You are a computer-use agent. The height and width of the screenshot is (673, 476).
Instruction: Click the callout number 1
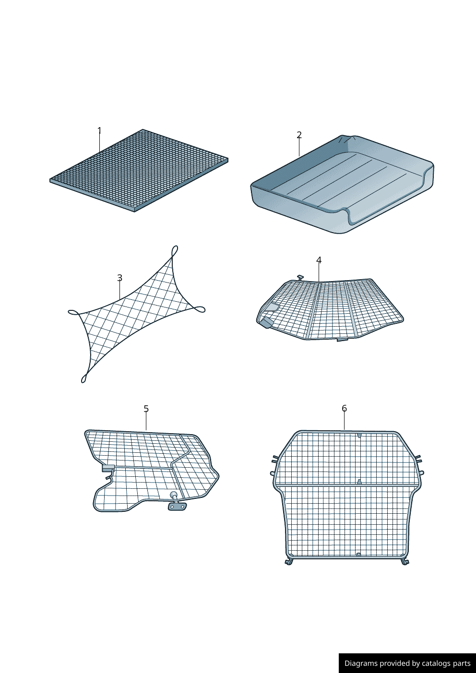point(99,130)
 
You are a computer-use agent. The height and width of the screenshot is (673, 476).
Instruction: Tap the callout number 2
point(299,135)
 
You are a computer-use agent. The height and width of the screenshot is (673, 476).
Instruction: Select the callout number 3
point(119,278)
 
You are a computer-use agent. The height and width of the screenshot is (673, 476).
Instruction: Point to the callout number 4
point(319,260)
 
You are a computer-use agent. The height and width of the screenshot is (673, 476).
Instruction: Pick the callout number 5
point(146,409)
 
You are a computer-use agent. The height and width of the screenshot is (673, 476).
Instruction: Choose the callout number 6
point(344,409)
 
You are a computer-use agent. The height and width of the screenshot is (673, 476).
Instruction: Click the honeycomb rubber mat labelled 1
point(139,170)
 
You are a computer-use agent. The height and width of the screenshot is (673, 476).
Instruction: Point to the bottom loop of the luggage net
point(84,378)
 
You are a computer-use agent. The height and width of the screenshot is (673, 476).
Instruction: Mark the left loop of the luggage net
point(74,312)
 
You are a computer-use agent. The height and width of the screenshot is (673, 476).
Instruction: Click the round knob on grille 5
point(173,495)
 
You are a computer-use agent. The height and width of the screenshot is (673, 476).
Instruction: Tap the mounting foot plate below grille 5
point(177,507)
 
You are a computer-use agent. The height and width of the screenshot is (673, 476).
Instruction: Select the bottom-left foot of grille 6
point(289,561)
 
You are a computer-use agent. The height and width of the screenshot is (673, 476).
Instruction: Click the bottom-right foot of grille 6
point(405,561)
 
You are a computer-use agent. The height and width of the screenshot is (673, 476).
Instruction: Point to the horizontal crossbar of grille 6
point(347,485)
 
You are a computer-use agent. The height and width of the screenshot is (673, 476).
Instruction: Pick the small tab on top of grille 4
point(300,277)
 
